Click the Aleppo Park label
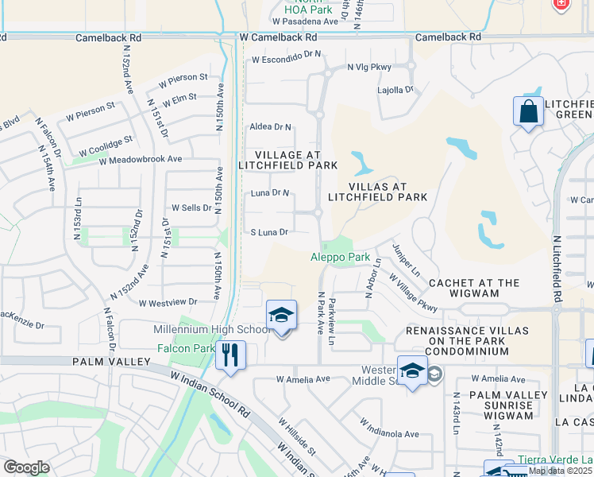pos(340,257)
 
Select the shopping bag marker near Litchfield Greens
pos(529,113)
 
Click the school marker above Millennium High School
pos(281,316)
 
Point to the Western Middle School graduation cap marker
pos(412,372)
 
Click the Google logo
pos(26,467)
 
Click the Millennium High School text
pos(215,330)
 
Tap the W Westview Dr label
pos(167,303)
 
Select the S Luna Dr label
pos(268,232)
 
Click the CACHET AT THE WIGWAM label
pos(474,288)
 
